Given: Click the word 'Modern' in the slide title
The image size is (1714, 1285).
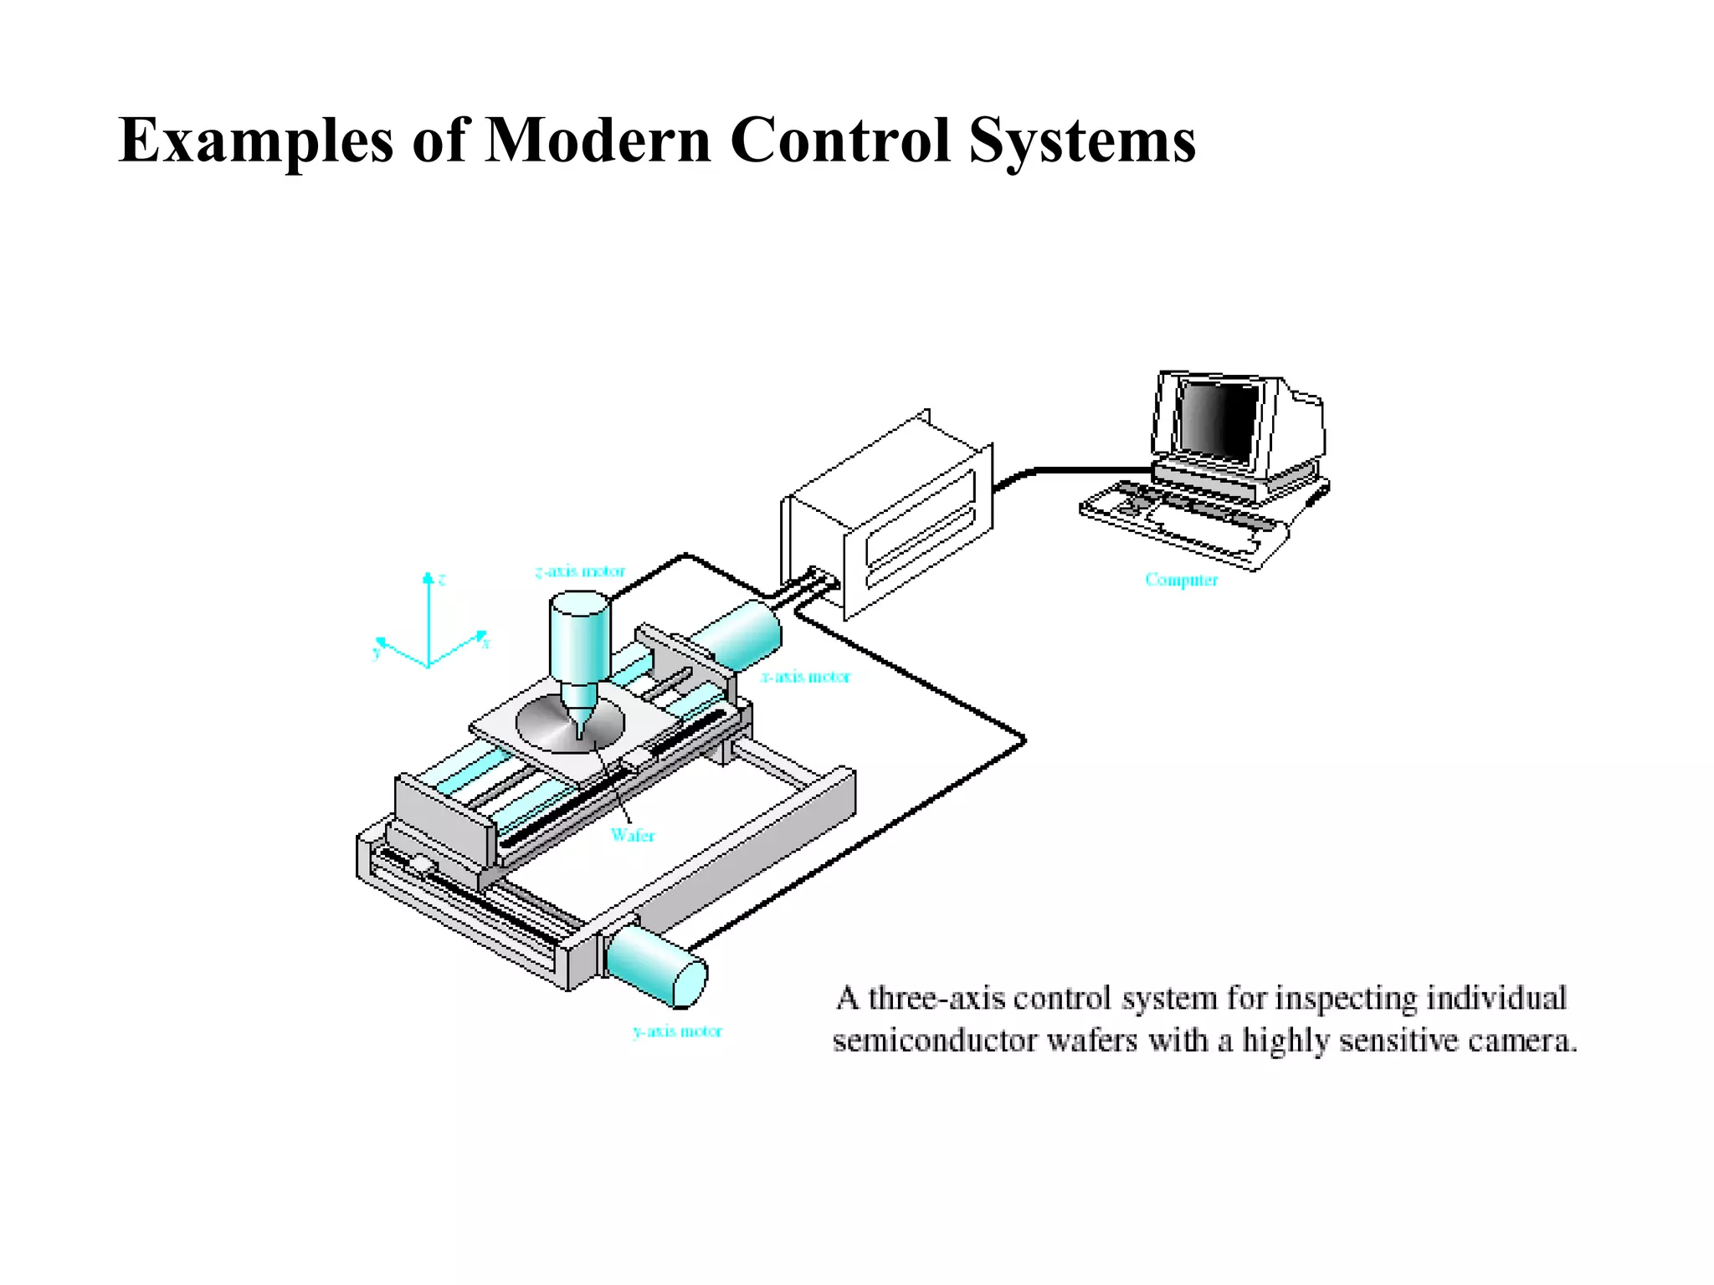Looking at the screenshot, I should coord(598,140).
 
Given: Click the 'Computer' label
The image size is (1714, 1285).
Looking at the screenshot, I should coord(1181,580).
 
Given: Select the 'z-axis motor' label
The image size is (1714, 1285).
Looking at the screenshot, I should coord(580,571).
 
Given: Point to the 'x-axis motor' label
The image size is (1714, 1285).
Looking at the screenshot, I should coord(805,676).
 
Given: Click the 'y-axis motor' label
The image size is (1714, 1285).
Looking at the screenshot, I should coord(677,1031).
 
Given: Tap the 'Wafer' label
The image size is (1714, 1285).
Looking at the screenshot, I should coord(633,835).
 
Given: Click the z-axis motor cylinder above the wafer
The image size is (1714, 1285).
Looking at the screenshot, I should coord(579,636).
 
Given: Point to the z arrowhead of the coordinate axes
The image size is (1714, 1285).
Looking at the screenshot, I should coord(428,577).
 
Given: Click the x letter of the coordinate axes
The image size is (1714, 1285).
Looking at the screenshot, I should coord(486,643).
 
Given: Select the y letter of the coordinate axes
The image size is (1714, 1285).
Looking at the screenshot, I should coord(376,653).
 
